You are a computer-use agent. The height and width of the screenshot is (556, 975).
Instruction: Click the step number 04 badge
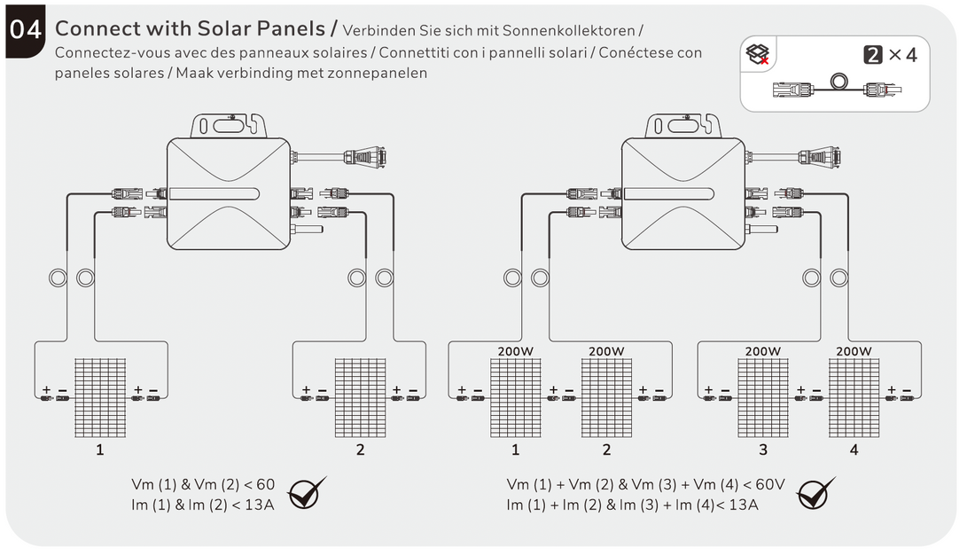click(x=27, y=30)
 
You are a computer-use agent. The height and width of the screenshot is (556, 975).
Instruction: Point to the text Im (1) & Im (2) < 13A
click(x=203, y=505)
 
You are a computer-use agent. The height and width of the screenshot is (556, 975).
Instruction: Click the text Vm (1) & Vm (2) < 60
click(x=203, y=484)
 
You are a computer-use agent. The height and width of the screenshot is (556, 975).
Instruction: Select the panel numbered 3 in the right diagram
click(x=763, y=397)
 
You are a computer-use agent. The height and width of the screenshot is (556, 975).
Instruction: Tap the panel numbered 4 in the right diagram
click(x=854, y=397)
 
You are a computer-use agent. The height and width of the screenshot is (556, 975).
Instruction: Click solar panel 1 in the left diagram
click(x=99, y=397)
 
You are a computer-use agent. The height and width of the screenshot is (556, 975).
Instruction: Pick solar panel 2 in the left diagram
click(x=360, y=397)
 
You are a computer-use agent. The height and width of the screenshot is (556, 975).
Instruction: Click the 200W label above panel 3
click(x=763, y=351)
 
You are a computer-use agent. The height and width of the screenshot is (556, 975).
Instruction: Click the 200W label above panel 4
click(x=854, y=351)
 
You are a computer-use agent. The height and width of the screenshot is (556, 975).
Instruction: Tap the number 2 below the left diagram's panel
click(x=360, y=450)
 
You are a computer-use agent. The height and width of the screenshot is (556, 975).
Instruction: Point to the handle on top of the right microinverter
click(x=682, y=123)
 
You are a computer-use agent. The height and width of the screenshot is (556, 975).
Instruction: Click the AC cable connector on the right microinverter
click(x=819, y=156)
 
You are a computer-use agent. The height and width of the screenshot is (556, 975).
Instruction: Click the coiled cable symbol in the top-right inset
click(x=836, y=82)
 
